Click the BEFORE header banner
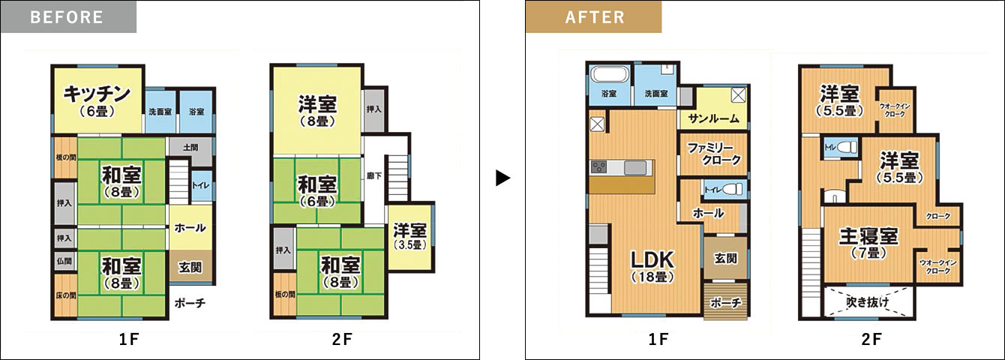69,17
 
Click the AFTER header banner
593,17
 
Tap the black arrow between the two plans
503,178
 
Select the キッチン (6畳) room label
97,100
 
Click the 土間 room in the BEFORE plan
190,151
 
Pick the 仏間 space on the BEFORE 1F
64,261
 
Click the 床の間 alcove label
66,295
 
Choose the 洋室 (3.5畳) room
410,238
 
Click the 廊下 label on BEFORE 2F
374,176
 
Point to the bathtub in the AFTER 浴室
608,74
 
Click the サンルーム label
713,119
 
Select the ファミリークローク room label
714,154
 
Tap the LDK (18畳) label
652,266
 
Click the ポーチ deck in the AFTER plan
725,301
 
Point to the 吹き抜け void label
867,302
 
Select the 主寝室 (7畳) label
868,243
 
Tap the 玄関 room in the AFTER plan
725,258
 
